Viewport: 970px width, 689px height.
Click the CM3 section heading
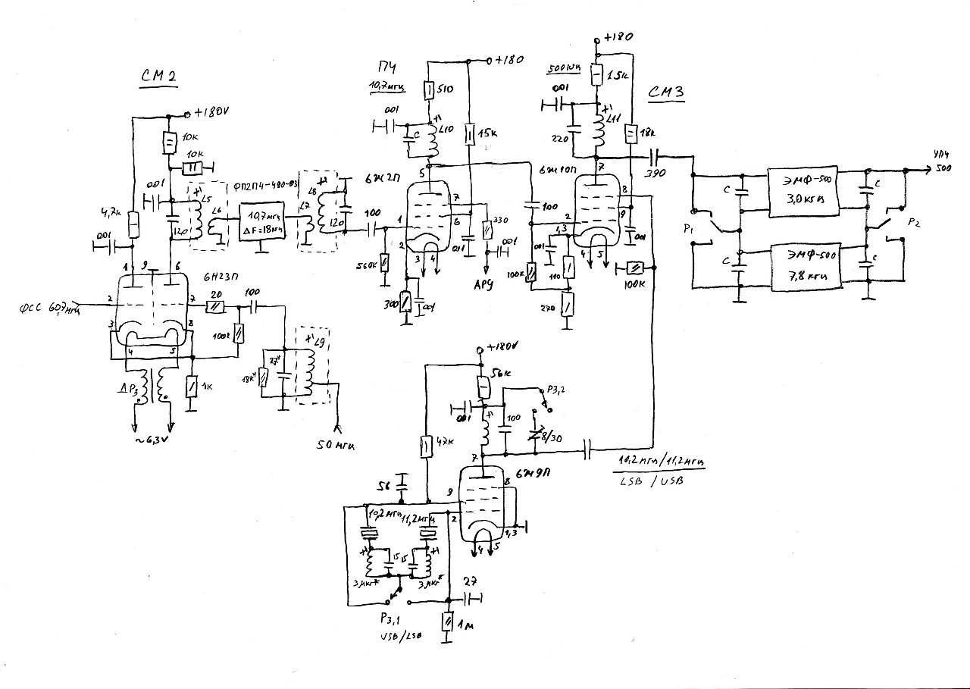[x=668, y=92]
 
